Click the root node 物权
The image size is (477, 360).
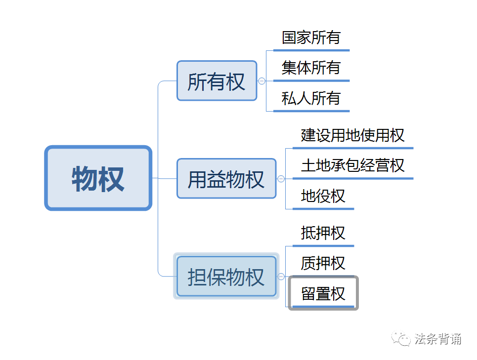[98, 178]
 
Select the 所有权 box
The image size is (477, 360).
[217, 81]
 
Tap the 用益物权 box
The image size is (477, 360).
[226, 179]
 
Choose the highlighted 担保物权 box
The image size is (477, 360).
[226, 277]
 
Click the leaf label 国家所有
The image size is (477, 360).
[311, 38]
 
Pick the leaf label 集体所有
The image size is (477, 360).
[311, 68]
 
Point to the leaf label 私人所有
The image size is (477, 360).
[311, 98]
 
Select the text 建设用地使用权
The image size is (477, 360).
[352, 135]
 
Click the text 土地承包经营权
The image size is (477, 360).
[352, 165]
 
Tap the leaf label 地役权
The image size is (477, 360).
[323, 196]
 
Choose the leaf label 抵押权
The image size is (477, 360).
[323, 233]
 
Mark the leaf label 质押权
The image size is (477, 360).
[323, 263]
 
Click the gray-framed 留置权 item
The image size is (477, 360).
[323, 294]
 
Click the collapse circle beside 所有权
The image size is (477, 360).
[262, 81]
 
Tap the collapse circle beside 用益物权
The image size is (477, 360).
[281, 179]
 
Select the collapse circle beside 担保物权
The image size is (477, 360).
[281, 277]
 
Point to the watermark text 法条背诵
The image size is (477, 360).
[438, 339]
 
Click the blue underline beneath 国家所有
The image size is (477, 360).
[311, 50]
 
